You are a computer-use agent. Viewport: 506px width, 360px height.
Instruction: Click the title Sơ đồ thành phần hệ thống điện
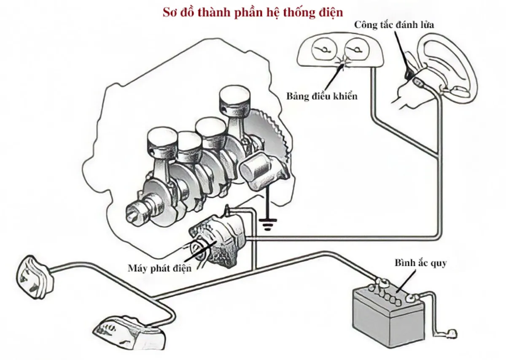(253, 12)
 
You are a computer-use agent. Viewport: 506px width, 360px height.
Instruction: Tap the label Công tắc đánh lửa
(394, 24)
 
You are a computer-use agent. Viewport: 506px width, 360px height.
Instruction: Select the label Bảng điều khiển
(322, 96)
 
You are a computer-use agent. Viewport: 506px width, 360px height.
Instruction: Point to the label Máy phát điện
(160, 268)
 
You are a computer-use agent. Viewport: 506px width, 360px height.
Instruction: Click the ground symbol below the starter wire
(267, 224)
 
